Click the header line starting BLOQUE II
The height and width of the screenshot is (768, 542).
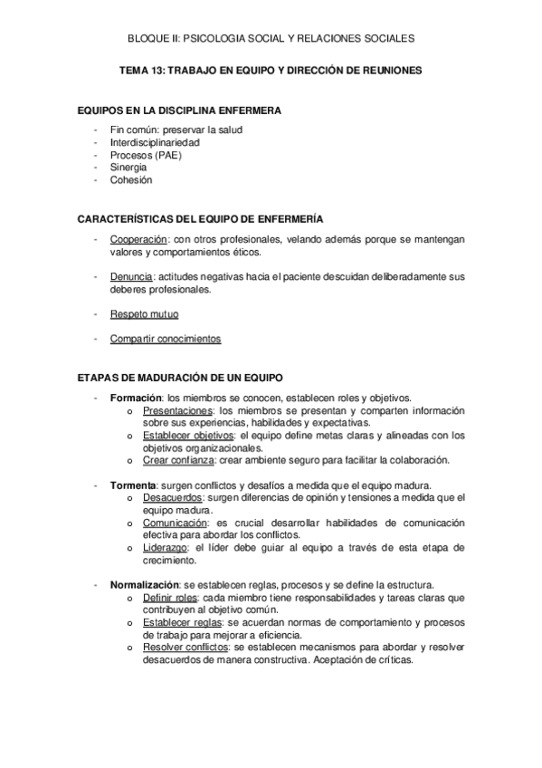tap(271, 38)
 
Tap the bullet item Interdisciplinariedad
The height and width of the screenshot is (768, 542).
tap(155, 142)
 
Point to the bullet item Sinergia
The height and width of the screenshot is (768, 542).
tap(130, 168)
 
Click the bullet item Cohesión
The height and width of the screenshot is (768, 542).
tap(132, 179)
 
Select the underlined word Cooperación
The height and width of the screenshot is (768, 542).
tap(139, 238)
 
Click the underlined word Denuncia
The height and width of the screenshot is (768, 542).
tap(132, 276)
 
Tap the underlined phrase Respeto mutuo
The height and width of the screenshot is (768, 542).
tap(144, 314)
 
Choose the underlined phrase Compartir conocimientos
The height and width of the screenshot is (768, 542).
tap(166, 339)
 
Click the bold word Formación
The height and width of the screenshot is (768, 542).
tap(136, 397)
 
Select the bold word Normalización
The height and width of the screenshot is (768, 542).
tap(145, 584)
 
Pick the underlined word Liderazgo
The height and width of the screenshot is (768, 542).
tap(165, 547)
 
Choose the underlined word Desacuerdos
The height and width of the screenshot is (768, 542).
tap(172, 497)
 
